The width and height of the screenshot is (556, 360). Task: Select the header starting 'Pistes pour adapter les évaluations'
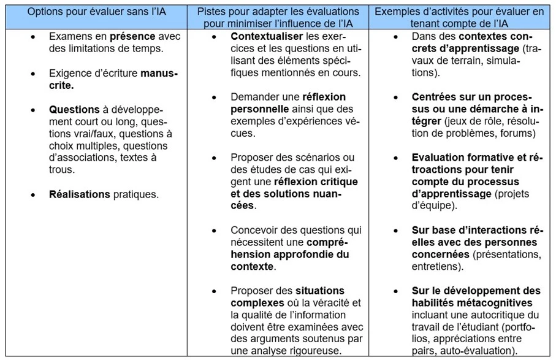pos(278,17)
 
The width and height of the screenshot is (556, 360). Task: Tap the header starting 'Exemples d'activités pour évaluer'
pos(460,17)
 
